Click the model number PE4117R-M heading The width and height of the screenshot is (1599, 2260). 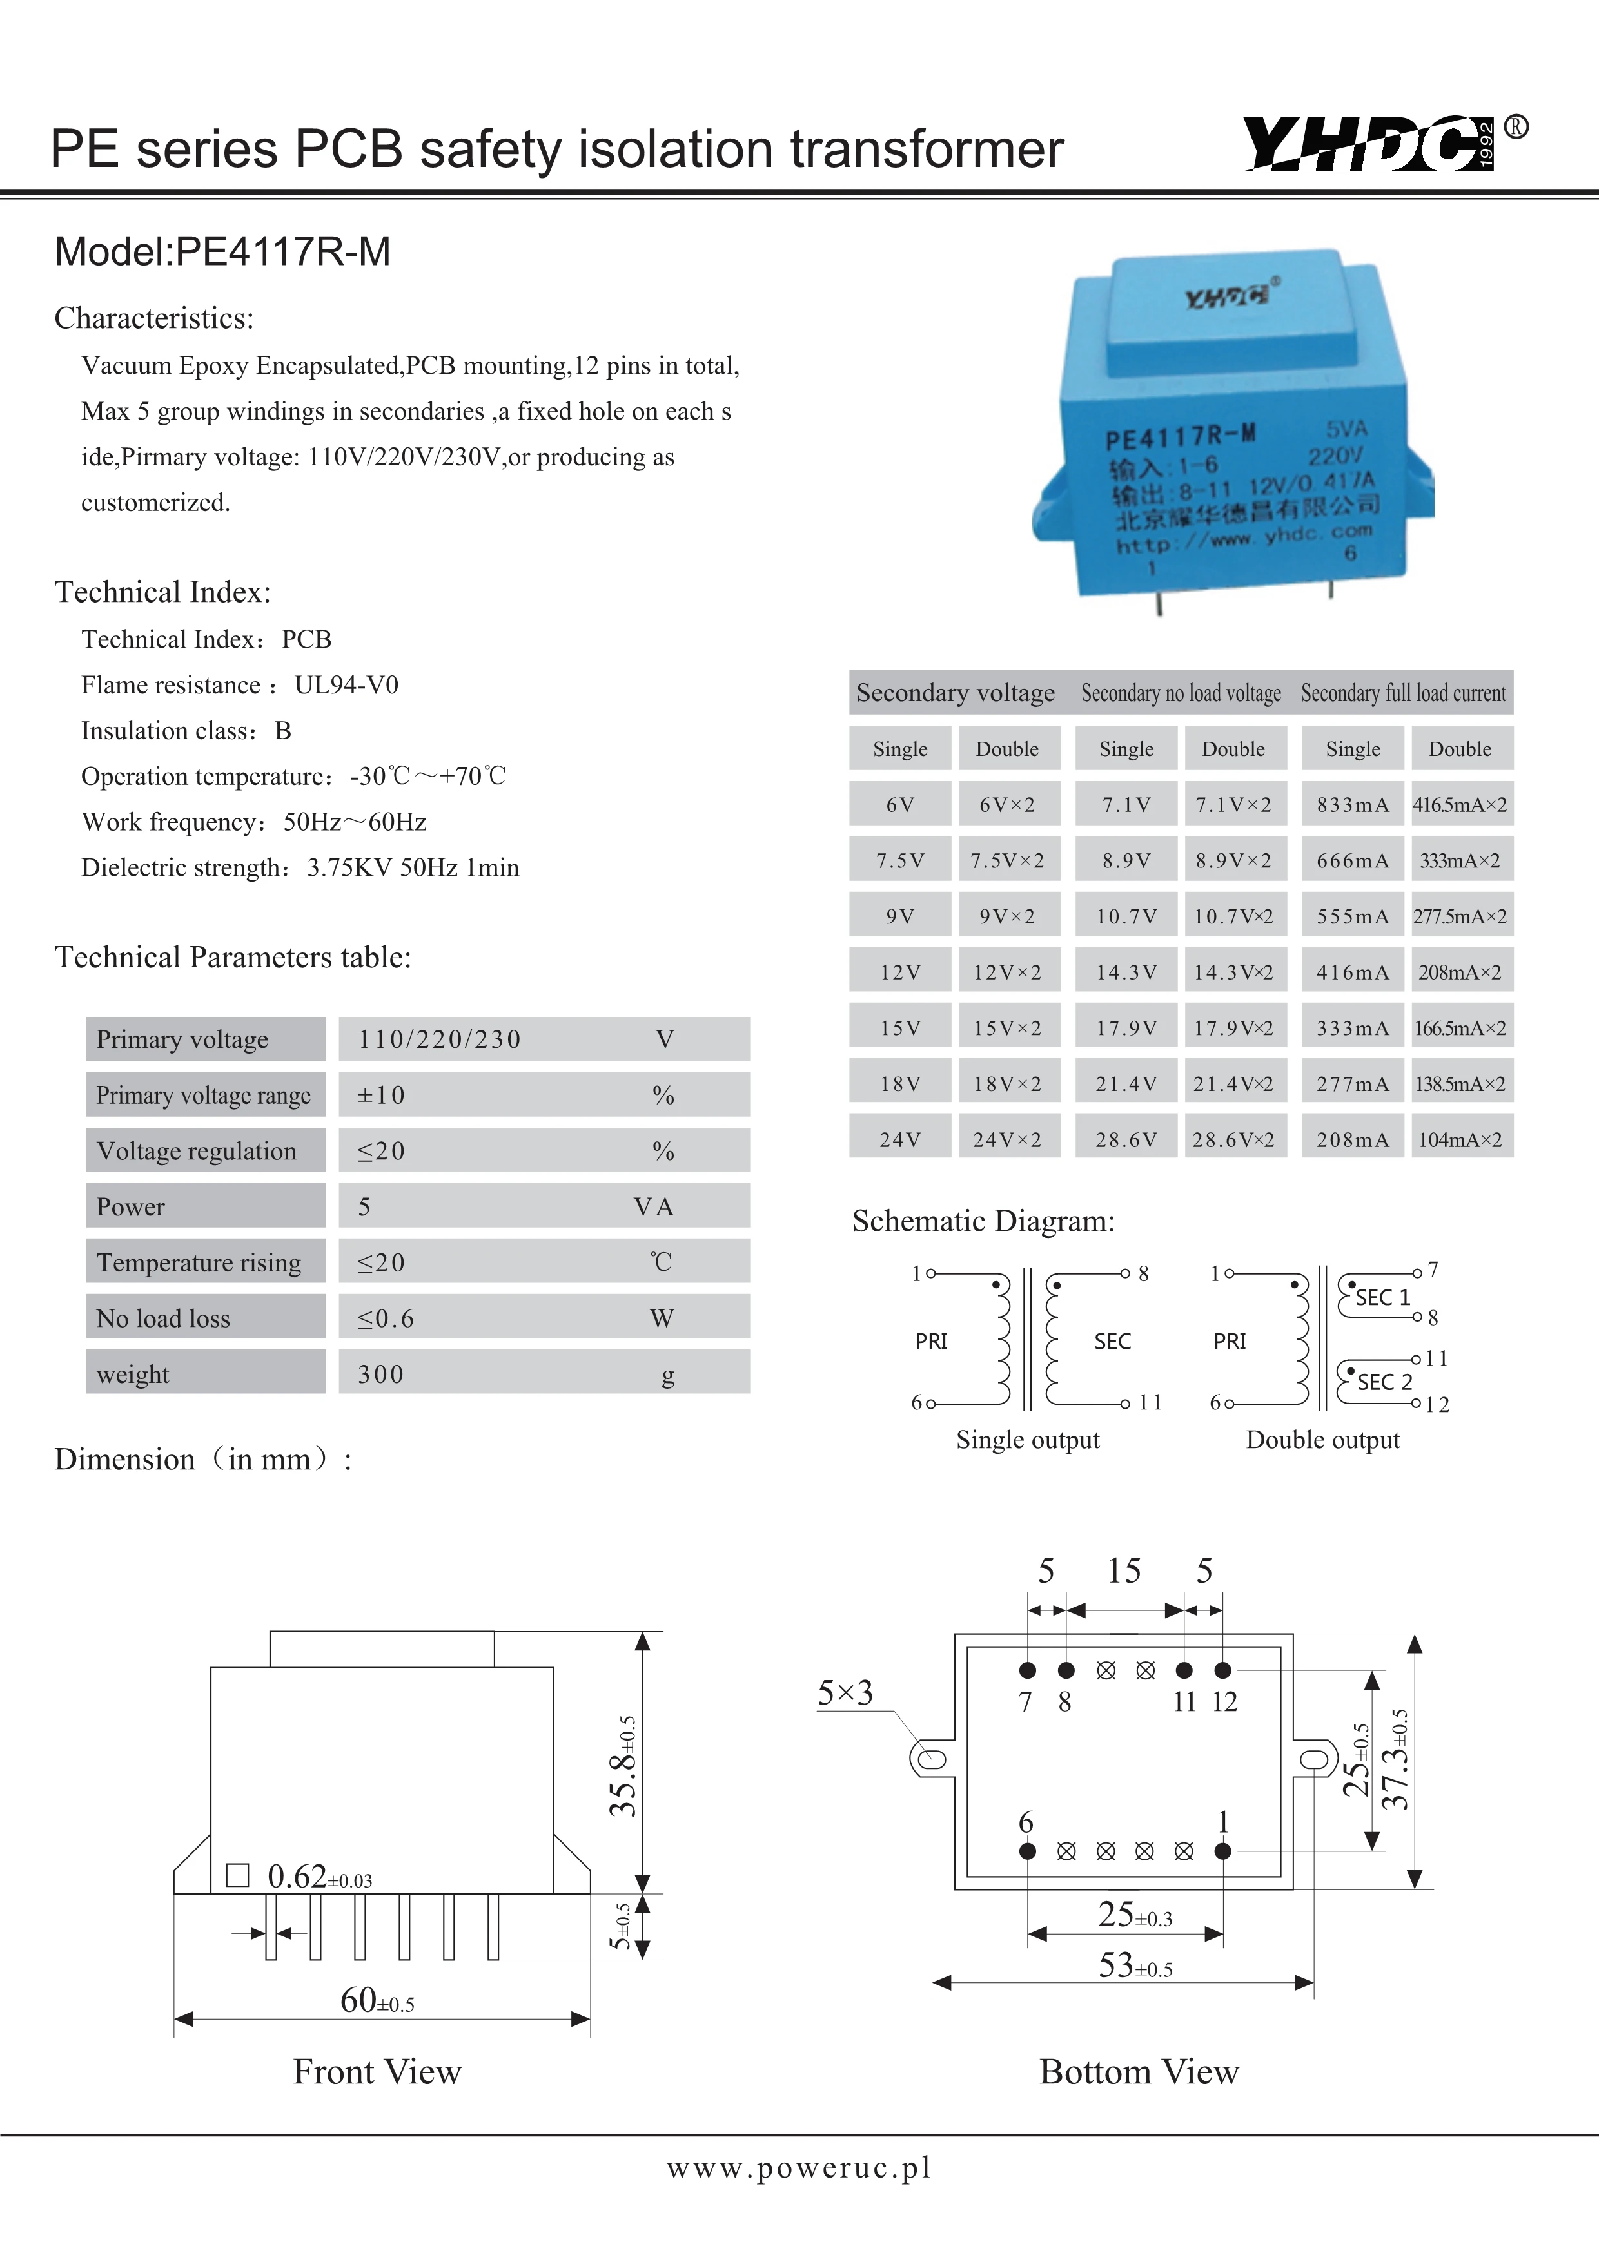[222, 252]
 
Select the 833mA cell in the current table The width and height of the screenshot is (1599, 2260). [1352, 805]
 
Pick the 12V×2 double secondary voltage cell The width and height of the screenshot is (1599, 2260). [1006, 972]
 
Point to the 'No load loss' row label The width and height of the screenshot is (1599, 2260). [163, 1318]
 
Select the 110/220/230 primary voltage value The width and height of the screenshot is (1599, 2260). [439, 1039]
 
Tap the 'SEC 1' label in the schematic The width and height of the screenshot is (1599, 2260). [1382, 1297]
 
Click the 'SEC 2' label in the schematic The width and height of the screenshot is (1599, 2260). [1384, 1382]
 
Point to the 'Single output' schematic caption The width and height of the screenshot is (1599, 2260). [1027, 1440]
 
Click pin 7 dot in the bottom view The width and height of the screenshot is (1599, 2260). [1027, 1670]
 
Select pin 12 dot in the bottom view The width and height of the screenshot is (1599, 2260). [1223, 1670]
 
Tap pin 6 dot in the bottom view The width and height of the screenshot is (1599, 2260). [1027, 1851]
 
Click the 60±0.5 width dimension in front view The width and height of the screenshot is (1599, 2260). [377, 2000]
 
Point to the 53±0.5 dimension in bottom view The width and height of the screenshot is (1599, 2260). [1135, 1965]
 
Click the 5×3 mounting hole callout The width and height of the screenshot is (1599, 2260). [845, 1693]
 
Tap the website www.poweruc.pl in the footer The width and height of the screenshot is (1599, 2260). [798, 2167]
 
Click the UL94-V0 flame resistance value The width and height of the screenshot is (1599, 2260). [347, 685]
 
